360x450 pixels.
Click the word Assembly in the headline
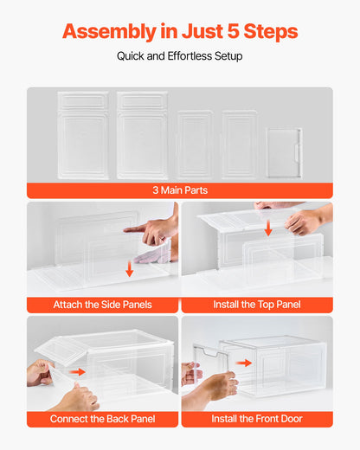tap(106, 32)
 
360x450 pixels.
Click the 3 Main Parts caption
tap(179, 190)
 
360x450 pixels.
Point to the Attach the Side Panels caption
tap(102, 305)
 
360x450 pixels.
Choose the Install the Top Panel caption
tap(257, 305)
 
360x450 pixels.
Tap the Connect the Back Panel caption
tap(102, 419)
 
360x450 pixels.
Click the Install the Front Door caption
tap(257, 419)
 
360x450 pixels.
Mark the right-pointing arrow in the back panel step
tap(79, 372)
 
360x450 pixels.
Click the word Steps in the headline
tap(268, 32)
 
